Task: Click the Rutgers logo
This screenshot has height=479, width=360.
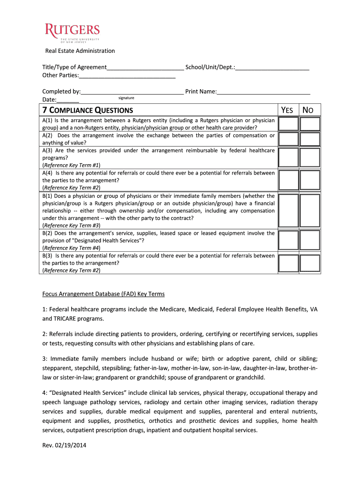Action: coord(72,33)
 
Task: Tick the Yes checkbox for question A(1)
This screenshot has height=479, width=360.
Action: coord(288,124)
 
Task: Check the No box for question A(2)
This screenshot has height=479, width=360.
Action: coord(310,139)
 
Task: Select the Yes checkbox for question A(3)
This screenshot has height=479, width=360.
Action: coord(288,157)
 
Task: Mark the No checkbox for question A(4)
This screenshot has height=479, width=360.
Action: coord(310,180)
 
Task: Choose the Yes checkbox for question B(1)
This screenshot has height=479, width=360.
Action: coord(288,210)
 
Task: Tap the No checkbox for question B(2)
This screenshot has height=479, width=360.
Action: coord(310,240)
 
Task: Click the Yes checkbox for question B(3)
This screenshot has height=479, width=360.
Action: coord(288,263)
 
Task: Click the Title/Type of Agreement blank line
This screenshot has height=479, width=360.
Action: coord(145,67)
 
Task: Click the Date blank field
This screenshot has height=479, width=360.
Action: coord(68,100)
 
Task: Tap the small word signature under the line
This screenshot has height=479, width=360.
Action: coord(126,98)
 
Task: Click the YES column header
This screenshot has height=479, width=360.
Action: coord(287,110)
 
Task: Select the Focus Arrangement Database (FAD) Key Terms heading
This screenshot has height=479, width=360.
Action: coord(103,294)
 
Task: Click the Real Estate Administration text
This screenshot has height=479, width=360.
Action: coord(79,51)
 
